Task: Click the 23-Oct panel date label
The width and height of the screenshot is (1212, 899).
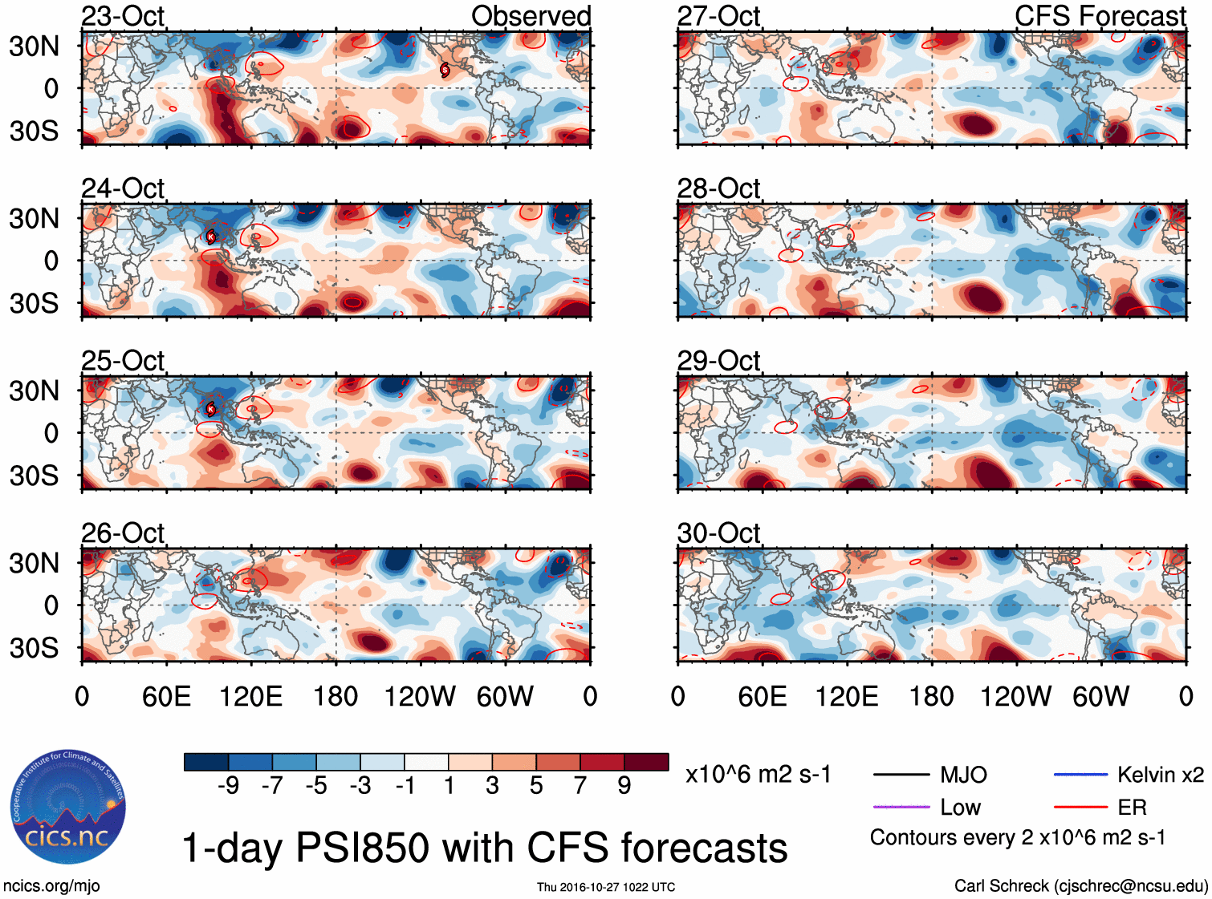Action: click(x=123, y=16)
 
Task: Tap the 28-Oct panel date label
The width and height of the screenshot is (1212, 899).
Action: click(x=718, y=188)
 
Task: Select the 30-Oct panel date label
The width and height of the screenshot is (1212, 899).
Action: click(x=718, y=533)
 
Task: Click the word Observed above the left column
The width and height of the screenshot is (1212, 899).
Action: click(x=531, y=16)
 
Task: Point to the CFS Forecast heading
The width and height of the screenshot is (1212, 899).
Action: click(x=1100, y=16)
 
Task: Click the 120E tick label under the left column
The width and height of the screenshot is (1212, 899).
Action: click(x=250, y=696)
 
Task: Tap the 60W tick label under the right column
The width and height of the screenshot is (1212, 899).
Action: click(x=1101, y=696)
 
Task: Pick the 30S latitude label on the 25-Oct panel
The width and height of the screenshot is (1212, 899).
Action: click(x=34, y=476)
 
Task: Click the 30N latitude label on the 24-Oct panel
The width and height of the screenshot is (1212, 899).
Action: click(x=34, y=218)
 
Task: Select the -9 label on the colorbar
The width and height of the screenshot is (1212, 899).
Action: click(x=228, y=785)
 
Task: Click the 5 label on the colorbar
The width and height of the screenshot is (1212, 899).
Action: click(x=536, y=785)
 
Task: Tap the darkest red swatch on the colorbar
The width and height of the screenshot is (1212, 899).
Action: click(x=646, y=762)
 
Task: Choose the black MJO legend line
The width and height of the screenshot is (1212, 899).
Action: click(x=901, y=775)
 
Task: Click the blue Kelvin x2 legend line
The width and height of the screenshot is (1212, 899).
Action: click(x=1080, y=775)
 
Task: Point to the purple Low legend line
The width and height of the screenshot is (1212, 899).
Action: click(x=901, y=807)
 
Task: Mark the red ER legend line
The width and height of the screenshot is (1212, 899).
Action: click(x=1080, y=807)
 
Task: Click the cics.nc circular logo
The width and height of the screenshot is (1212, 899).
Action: click(x=67, y=808)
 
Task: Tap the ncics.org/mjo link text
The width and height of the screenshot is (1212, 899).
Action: click(x=51, y=886)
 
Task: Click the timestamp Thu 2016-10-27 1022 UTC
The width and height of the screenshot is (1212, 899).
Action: click(x=606, y=887)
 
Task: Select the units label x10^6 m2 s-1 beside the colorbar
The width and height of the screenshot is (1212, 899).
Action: click(x=758, y=775)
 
